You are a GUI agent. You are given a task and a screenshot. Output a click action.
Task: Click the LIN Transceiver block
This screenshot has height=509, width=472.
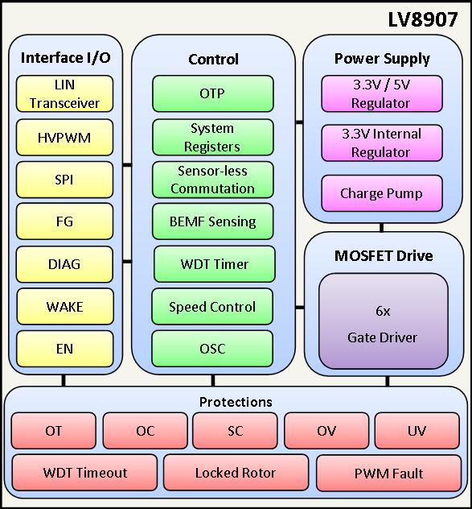[x=65, y=93]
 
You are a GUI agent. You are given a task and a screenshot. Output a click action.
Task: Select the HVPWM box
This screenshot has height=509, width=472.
[x=65, y=137]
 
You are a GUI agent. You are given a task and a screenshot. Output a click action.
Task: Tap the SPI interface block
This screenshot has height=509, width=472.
[x=65, y=180]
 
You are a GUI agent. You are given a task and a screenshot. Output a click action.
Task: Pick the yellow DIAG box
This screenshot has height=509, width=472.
[x=65, y=264]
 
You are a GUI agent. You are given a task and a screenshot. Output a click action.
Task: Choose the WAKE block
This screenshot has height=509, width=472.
[x=65, y=306]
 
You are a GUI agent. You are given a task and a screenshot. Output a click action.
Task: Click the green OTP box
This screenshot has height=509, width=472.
[x=213, y=93]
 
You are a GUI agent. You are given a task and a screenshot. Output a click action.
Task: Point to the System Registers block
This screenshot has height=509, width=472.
[x=213, y=137]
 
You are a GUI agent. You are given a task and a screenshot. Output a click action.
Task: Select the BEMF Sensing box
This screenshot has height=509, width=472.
[x=212, y=221]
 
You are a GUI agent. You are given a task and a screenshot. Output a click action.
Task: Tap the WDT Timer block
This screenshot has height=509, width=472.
[x=215, y=264]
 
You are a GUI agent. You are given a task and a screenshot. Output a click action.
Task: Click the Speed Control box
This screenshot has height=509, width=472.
[x=212, y=306]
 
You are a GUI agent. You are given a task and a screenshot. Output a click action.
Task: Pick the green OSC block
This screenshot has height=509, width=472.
[x=212, y=349]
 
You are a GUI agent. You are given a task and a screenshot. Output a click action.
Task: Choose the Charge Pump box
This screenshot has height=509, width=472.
[x=382, y=193]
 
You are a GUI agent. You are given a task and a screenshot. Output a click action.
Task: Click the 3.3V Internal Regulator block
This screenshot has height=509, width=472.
[x=382, y=143]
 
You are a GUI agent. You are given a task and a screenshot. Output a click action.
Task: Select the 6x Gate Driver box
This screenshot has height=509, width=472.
[x=384, y=321]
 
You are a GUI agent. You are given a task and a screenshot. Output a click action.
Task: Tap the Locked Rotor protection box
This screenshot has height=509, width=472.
[x=236, y=473]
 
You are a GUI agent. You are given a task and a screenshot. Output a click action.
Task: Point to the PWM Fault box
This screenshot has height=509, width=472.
[x=388, y=473]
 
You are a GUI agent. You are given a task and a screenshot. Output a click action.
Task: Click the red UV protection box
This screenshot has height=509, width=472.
[x=417, y=431]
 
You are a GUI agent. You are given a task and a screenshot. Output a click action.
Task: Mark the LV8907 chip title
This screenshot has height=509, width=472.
[x=423, y=19]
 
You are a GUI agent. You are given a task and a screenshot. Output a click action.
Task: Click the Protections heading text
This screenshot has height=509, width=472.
[x=236, y=402]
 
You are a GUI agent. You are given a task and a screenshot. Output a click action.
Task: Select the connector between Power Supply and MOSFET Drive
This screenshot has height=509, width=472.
[x=382, y=227]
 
